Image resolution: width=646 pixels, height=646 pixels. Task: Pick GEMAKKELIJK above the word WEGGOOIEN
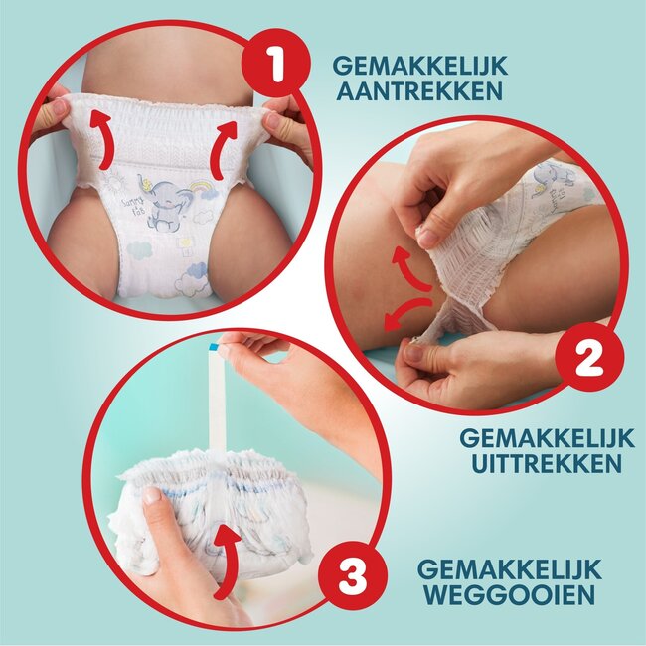(x=510, y=571)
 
